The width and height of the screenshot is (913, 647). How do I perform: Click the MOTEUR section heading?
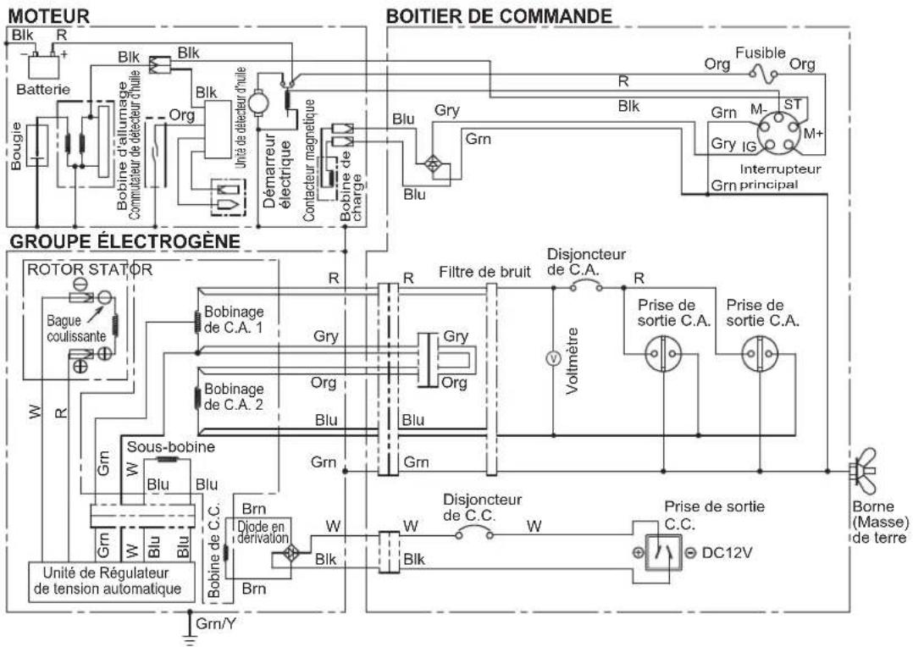49,16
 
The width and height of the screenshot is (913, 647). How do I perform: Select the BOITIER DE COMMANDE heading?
499,16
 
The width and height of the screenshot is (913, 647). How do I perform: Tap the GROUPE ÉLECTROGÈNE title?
125,241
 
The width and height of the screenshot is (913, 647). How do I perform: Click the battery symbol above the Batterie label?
44,65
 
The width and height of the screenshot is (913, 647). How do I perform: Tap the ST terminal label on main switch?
793,104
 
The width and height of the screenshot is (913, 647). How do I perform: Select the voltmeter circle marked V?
552,359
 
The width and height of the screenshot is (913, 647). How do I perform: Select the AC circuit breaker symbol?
585,285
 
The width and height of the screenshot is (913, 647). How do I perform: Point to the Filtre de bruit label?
484,271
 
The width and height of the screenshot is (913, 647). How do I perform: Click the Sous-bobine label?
170,446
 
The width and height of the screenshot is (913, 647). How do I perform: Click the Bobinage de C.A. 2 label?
234,396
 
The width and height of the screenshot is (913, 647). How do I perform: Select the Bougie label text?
16,146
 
